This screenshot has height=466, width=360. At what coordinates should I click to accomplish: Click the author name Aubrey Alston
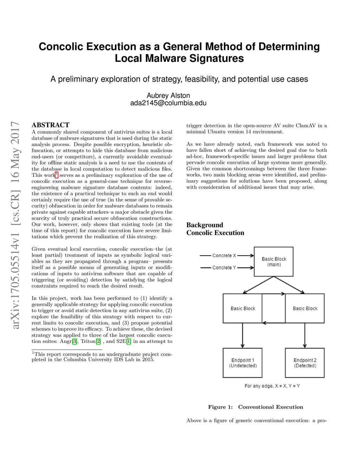(x=168, y=96)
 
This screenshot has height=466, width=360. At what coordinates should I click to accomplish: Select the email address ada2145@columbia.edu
(x=168, y=103)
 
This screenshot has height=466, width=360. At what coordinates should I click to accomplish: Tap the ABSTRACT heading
(x=50, y=125)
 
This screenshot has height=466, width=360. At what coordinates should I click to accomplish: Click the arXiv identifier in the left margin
(x=15, y=225)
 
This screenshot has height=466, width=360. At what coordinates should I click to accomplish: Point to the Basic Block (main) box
(x=274, y=262)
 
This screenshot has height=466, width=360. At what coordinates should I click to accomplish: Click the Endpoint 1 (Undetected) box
(x=243, y=363)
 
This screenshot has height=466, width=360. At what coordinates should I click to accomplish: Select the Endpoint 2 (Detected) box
(x=305, y=363)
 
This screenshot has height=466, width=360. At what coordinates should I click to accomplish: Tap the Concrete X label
(x=224, y=256)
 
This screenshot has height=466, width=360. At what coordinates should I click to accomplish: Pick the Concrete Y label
(x=224, y=268)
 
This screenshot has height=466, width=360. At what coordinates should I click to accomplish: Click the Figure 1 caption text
(x=256, y=407)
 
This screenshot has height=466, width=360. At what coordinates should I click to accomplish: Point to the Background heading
(x=205, y=225)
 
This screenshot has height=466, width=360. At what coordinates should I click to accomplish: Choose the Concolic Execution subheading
(x=215, y=233)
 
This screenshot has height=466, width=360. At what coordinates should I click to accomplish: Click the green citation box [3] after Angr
(x=75, y=341)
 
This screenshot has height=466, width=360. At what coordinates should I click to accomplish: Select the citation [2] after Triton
(x=98, y=341)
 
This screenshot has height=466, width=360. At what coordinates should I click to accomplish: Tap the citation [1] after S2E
(x=129, y=341)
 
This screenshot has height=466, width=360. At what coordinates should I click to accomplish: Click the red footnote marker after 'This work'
(x=57, y=174)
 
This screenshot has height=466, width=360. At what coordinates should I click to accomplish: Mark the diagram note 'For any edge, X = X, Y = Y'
(x=272, y=386)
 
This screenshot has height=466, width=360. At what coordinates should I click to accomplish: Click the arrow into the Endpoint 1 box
(x=243, y=336)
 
